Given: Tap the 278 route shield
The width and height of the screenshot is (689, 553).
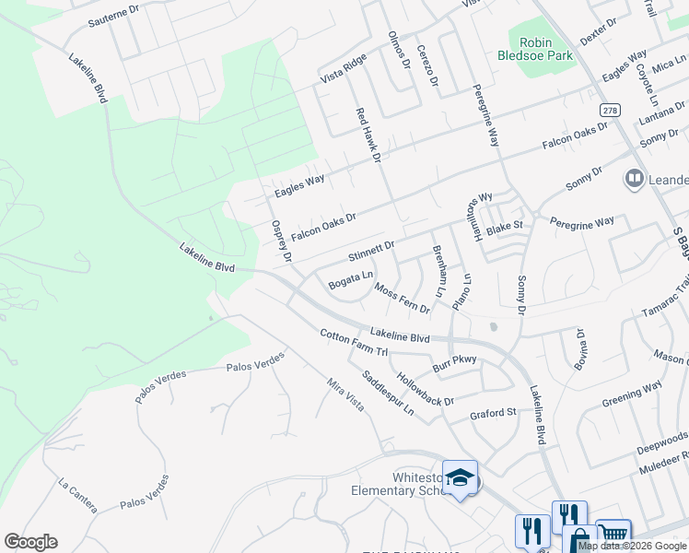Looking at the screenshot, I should [x=610, y=110].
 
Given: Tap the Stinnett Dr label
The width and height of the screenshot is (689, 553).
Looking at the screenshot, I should [x=372, y=247].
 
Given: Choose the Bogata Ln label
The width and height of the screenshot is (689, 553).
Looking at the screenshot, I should [x=351, y=279].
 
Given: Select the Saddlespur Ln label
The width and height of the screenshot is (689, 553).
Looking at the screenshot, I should [x=388, y=392].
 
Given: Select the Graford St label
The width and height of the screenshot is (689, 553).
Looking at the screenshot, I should [x=493, y=413].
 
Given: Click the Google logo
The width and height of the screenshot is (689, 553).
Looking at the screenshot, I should [x=30, y=542].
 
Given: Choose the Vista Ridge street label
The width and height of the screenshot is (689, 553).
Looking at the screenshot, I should [x=343, y=67].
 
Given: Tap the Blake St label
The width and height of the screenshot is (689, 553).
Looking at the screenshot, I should [x=504, y=225].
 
